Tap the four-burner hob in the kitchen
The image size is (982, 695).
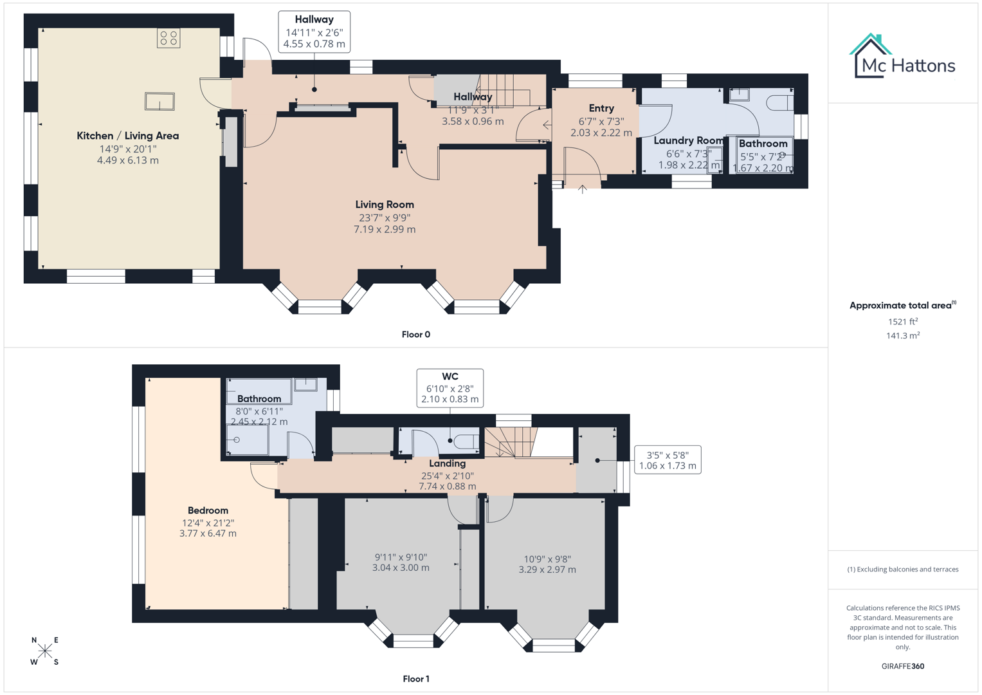tap(168, 38)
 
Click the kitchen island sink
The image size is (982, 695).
tap(159, 102)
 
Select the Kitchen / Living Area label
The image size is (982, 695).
tap(128, 136)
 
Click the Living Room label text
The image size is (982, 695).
tap(385, 205)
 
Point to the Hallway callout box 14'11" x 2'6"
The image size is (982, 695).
tap(314, 32)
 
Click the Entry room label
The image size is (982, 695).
tap(601, 108)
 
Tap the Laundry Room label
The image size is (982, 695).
tap(688, 140)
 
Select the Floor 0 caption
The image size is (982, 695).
tap(415, 335)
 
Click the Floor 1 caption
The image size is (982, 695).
tap(415, 679)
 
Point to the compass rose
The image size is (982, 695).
tap(45, 651)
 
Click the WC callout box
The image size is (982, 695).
tap(450, 387)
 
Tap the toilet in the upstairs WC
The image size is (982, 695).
tap(466, 441)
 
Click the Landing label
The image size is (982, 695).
tap(447, 463)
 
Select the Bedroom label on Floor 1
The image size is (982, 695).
tap(208, 510)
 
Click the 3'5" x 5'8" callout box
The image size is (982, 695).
tap(667, 460)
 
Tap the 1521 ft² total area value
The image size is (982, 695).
tap(902, 322)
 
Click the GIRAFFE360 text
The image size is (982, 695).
tap(902, 666)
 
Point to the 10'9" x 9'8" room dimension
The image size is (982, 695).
tap(547, 564)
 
